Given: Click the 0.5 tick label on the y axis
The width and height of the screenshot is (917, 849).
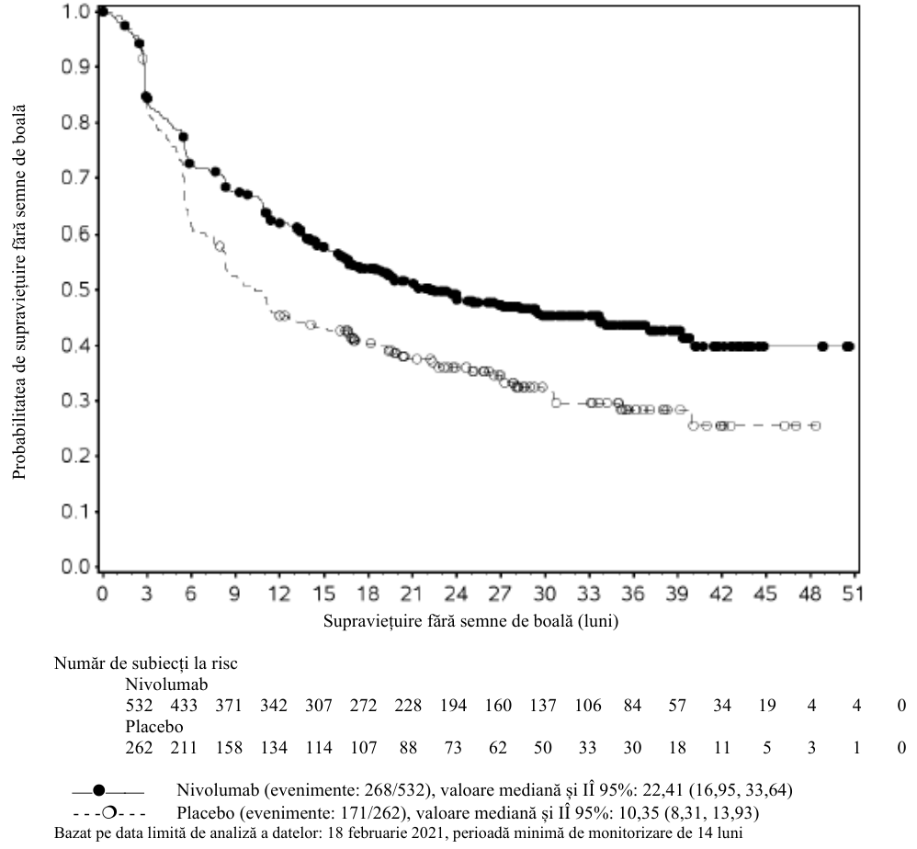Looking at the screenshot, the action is (77, 290).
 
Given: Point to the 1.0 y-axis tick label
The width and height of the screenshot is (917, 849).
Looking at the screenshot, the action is (77, 11).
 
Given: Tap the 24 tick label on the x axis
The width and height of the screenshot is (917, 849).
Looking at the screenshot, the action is (456, 594).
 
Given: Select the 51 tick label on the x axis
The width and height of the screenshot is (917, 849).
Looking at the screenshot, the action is (853, 594).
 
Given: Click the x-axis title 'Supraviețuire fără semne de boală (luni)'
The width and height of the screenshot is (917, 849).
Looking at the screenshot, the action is (470, 620).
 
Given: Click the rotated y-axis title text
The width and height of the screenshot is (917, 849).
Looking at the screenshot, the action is (20, 291).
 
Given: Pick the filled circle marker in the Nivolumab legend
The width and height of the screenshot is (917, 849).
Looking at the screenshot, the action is (99, 791).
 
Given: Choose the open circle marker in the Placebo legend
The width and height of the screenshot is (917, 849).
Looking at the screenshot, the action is (108, 813).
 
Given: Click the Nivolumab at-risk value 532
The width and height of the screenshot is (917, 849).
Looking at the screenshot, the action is (139, 706).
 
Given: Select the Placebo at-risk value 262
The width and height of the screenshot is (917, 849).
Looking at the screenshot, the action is (139, 748).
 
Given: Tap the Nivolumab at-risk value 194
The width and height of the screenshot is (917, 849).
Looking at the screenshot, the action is (453, 706).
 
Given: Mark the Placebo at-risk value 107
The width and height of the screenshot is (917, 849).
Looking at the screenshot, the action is (364, 748).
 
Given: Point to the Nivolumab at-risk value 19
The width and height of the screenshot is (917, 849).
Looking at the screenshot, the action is (766, 706).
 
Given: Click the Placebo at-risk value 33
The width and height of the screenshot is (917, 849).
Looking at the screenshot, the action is (587, 748).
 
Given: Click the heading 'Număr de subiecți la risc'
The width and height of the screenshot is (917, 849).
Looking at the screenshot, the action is (146, 663).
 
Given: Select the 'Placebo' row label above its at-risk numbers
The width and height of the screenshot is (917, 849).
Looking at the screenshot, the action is (154, 727).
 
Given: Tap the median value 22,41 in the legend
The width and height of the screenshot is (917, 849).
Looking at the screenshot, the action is (663, 790).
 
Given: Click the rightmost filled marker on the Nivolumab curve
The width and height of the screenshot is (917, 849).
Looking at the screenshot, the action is (848, 346).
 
